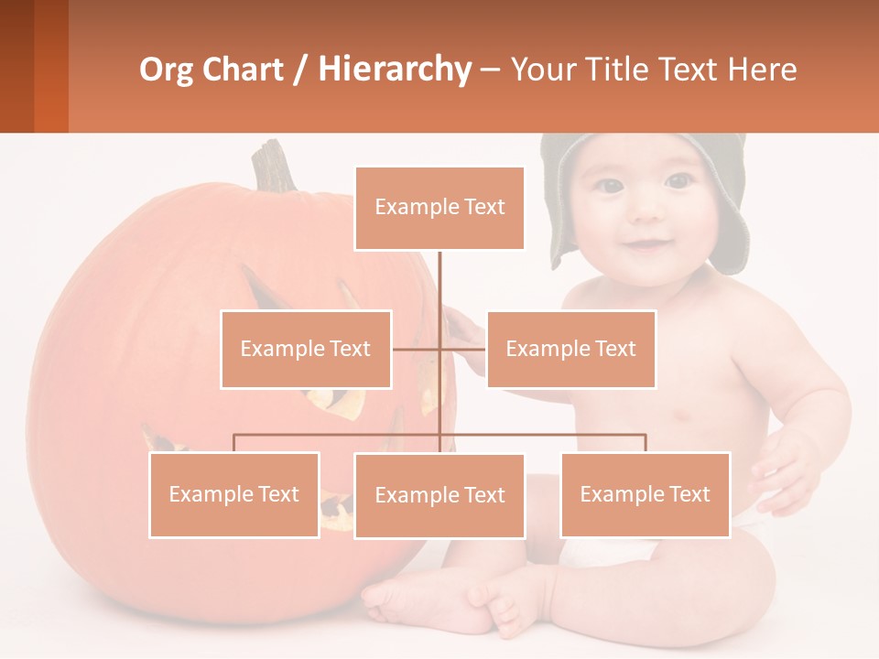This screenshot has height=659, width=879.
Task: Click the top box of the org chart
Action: point(439,208)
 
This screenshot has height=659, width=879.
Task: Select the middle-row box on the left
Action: point(306,349)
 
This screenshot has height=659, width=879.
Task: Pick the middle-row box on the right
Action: point(570,349)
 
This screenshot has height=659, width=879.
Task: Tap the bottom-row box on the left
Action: point(234,494)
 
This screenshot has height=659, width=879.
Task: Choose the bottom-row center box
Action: point(439,495)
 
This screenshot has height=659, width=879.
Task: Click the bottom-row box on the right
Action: point(645,494)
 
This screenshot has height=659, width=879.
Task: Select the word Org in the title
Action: point(166,70)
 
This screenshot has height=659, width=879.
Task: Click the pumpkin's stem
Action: point(273,165)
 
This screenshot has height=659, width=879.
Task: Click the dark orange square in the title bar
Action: point(51,66)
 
